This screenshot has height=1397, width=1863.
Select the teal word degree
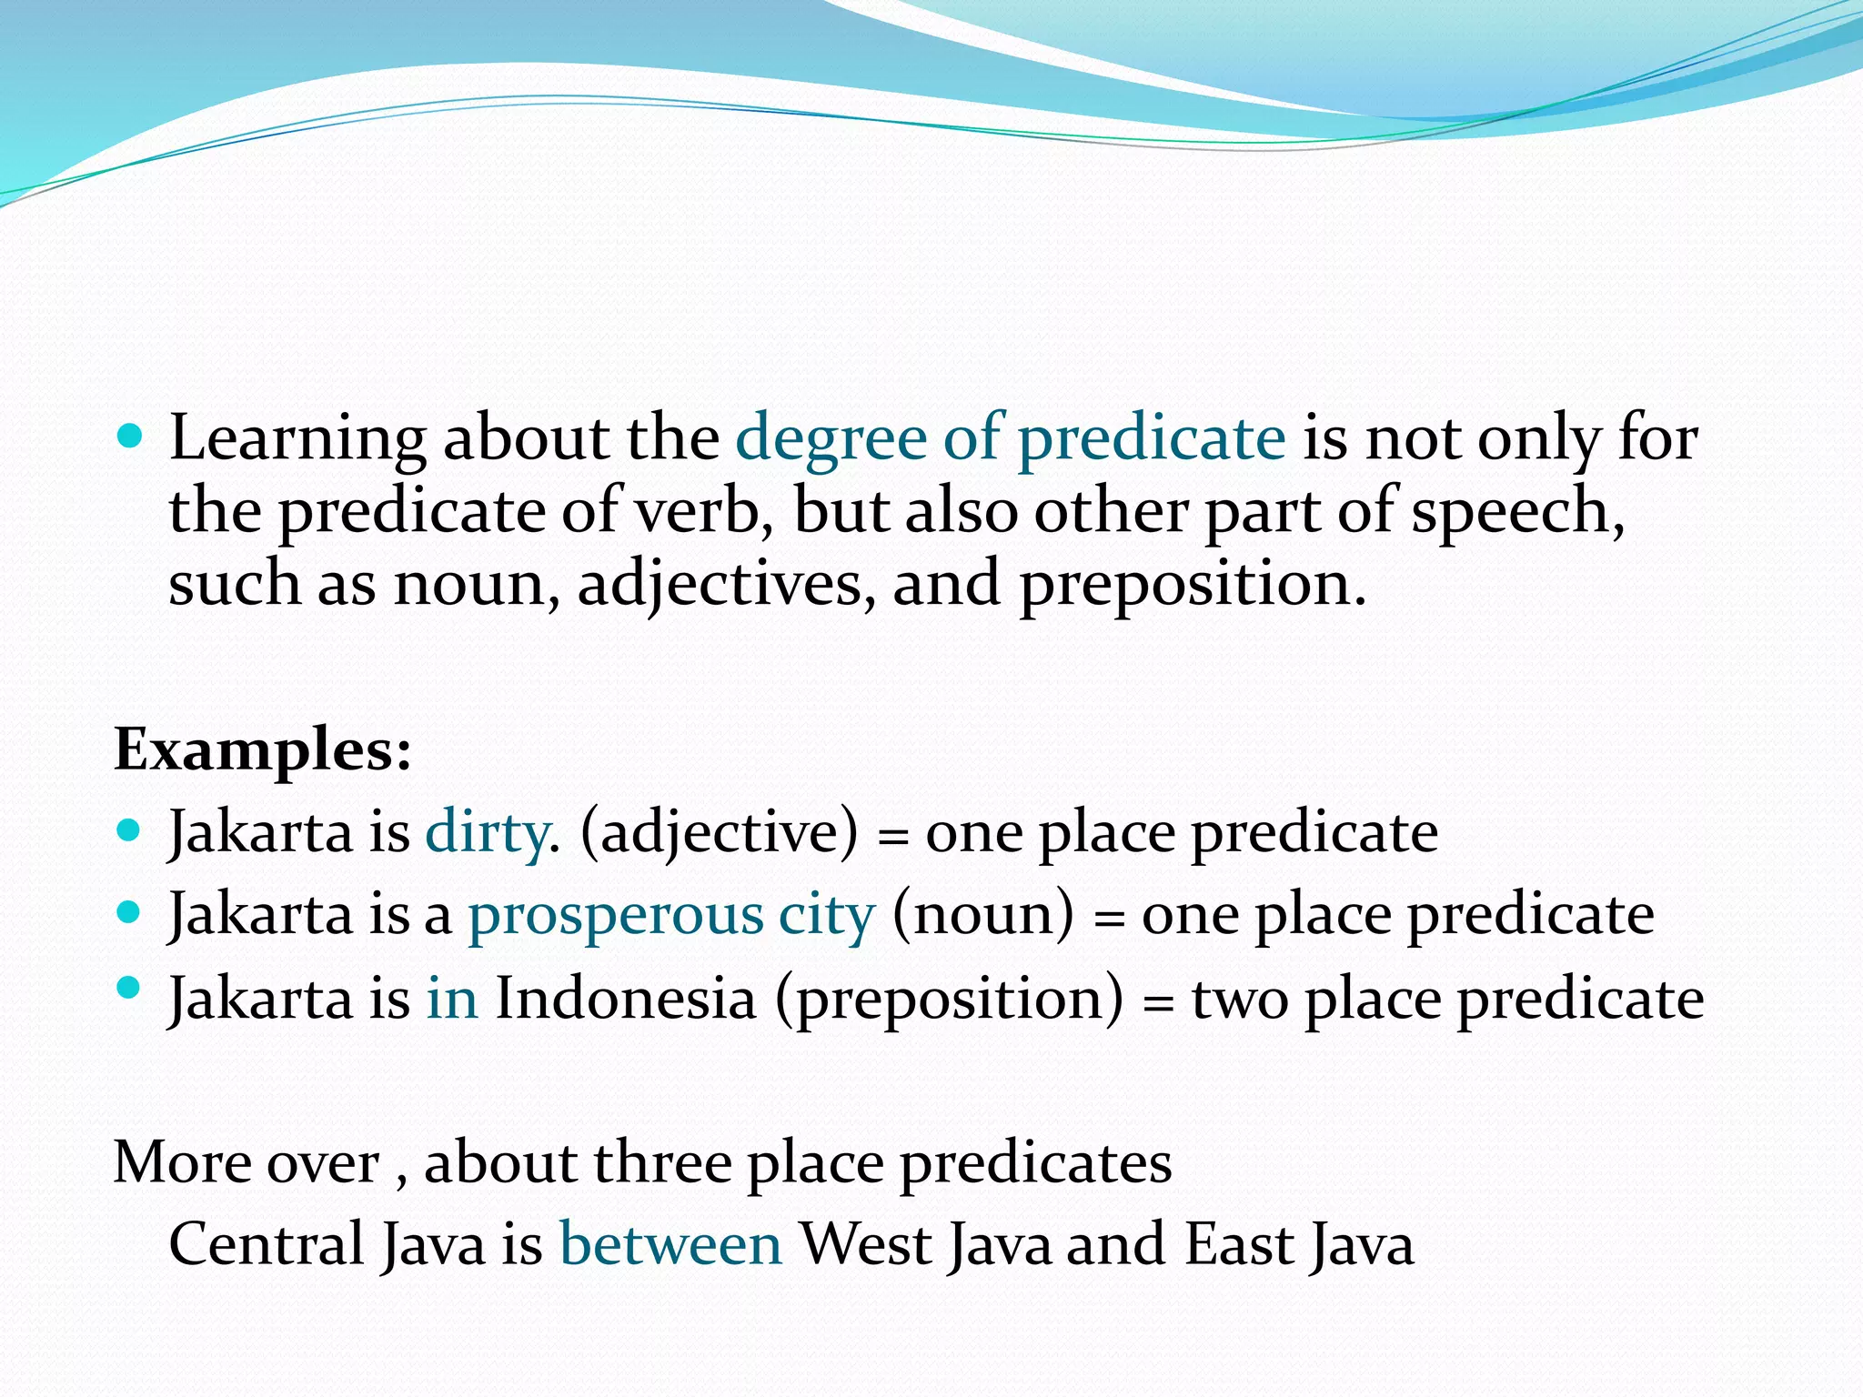(x=831, y=439)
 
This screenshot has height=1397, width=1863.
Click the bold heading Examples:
(x=263, y=750)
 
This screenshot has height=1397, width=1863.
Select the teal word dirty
(x=487, y=832)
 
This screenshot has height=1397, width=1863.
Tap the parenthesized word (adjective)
(x=719, y=832)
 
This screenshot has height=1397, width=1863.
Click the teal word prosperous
(x=616, y=914)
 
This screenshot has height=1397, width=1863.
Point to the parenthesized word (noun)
(x=983, y=914)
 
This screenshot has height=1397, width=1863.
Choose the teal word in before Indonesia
(x=452, y=998)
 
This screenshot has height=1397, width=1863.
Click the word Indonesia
(x=626, y=998)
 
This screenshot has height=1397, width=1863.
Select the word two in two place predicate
(x=1240, y=998)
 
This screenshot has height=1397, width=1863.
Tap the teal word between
(x=670, y=1244)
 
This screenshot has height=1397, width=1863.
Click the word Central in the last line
(x=267, y=1244)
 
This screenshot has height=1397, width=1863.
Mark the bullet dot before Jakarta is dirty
(x=131, y=829)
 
